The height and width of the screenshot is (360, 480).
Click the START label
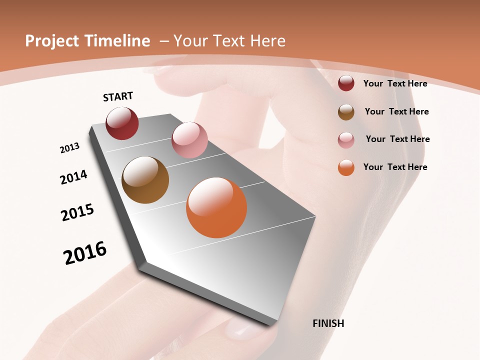118,96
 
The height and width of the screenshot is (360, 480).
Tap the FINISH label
328,323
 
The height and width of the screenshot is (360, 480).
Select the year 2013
69,148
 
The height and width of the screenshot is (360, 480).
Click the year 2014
73,177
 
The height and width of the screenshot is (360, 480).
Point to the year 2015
77,212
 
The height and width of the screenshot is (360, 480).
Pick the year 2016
85,253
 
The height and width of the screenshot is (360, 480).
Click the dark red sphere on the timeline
122,123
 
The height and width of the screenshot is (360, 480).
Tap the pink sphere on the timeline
189,140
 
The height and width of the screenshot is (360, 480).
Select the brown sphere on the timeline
145,180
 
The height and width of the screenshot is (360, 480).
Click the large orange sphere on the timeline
216,207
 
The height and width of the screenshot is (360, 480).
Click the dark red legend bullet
346,83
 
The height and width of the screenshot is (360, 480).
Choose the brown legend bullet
346,112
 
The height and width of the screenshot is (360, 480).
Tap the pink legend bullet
346,140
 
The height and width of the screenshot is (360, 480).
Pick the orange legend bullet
346,167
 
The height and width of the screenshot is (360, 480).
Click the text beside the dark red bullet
395,83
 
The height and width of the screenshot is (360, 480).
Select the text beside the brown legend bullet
396,111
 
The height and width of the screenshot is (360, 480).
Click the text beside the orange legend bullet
395,167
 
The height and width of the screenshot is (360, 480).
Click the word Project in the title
52,41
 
